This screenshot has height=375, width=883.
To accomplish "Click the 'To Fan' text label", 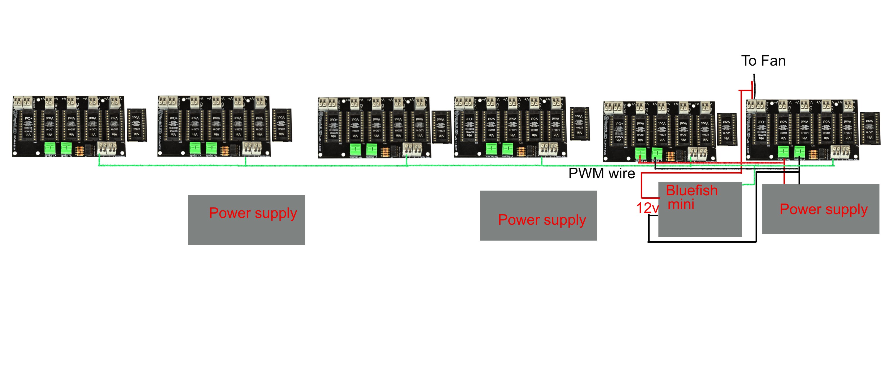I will [763, 61].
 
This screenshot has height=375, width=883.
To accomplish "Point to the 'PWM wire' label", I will [602, 174].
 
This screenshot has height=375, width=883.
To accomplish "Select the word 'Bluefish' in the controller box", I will [691, 190].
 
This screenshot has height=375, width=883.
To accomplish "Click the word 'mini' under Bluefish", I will [681, 204].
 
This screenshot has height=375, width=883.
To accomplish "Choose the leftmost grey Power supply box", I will [246, 220].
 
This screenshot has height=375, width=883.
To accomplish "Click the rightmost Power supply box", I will [821, 209].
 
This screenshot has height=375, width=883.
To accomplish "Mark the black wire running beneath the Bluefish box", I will [703, 242].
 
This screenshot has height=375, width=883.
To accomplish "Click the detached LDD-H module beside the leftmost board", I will [137, 125].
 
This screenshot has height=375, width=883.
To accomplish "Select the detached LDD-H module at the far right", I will [870, 129].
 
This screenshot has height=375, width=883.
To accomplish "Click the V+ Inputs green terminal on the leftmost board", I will [50, 148].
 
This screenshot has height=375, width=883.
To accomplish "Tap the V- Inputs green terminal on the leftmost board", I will [66, 148].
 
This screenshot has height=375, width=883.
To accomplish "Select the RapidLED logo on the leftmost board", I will [16, 127].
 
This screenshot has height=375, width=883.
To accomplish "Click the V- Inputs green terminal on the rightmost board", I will [799, 151].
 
